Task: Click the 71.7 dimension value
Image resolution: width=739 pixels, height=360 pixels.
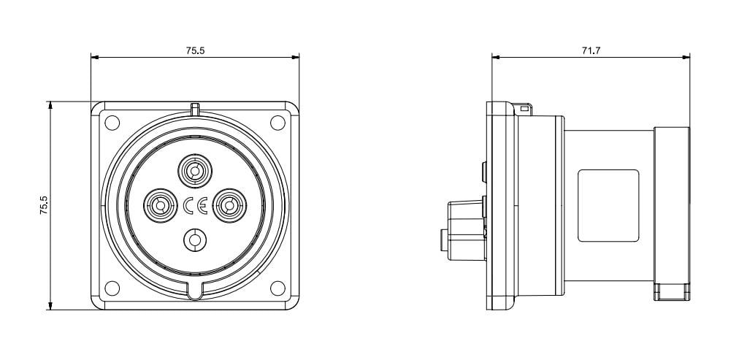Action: [591, 50]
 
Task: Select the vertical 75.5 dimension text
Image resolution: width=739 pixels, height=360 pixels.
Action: [43, 206]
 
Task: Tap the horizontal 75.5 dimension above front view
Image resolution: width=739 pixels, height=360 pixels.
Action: [195, 50]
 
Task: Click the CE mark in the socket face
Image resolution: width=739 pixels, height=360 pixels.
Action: [195, 206]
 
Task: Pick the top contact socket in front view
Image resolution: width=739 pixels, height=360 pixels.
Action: [195, 171]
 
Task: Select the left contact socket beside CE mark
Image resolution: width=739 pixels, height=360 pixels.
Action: [160, 205]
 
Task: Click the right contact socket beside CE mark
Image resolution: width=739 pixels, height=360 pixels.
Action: [229, 205]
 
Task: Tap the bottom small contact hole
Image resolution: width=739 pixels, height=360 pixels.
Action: [195, 240]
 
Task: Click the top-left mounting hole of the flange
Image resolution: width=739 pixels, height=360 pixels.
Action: [112, 123]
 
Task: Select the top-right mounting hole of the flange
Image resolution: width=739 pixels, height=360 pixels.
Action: [277, 123]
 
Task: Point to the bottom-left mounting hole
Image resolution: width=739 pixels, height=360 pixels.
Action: [112, 288]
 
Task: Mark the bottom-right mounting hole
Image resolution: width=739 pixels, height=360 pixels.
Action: [277, 288]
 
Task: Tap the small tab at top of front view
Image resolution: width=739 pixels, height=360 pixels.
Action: [195, 109]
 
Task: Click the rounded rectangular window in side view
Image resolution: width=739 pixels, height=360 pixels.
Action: [608, 206]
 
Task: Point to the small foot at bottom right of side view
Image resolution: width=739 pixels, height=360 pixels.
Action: [672, 291]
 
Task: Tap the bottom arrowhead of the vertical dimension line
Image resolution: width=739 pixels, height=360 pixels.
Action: [50, 305]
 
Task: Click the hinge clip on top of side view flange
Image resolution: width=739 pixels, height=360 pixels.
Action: [523, 110]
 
